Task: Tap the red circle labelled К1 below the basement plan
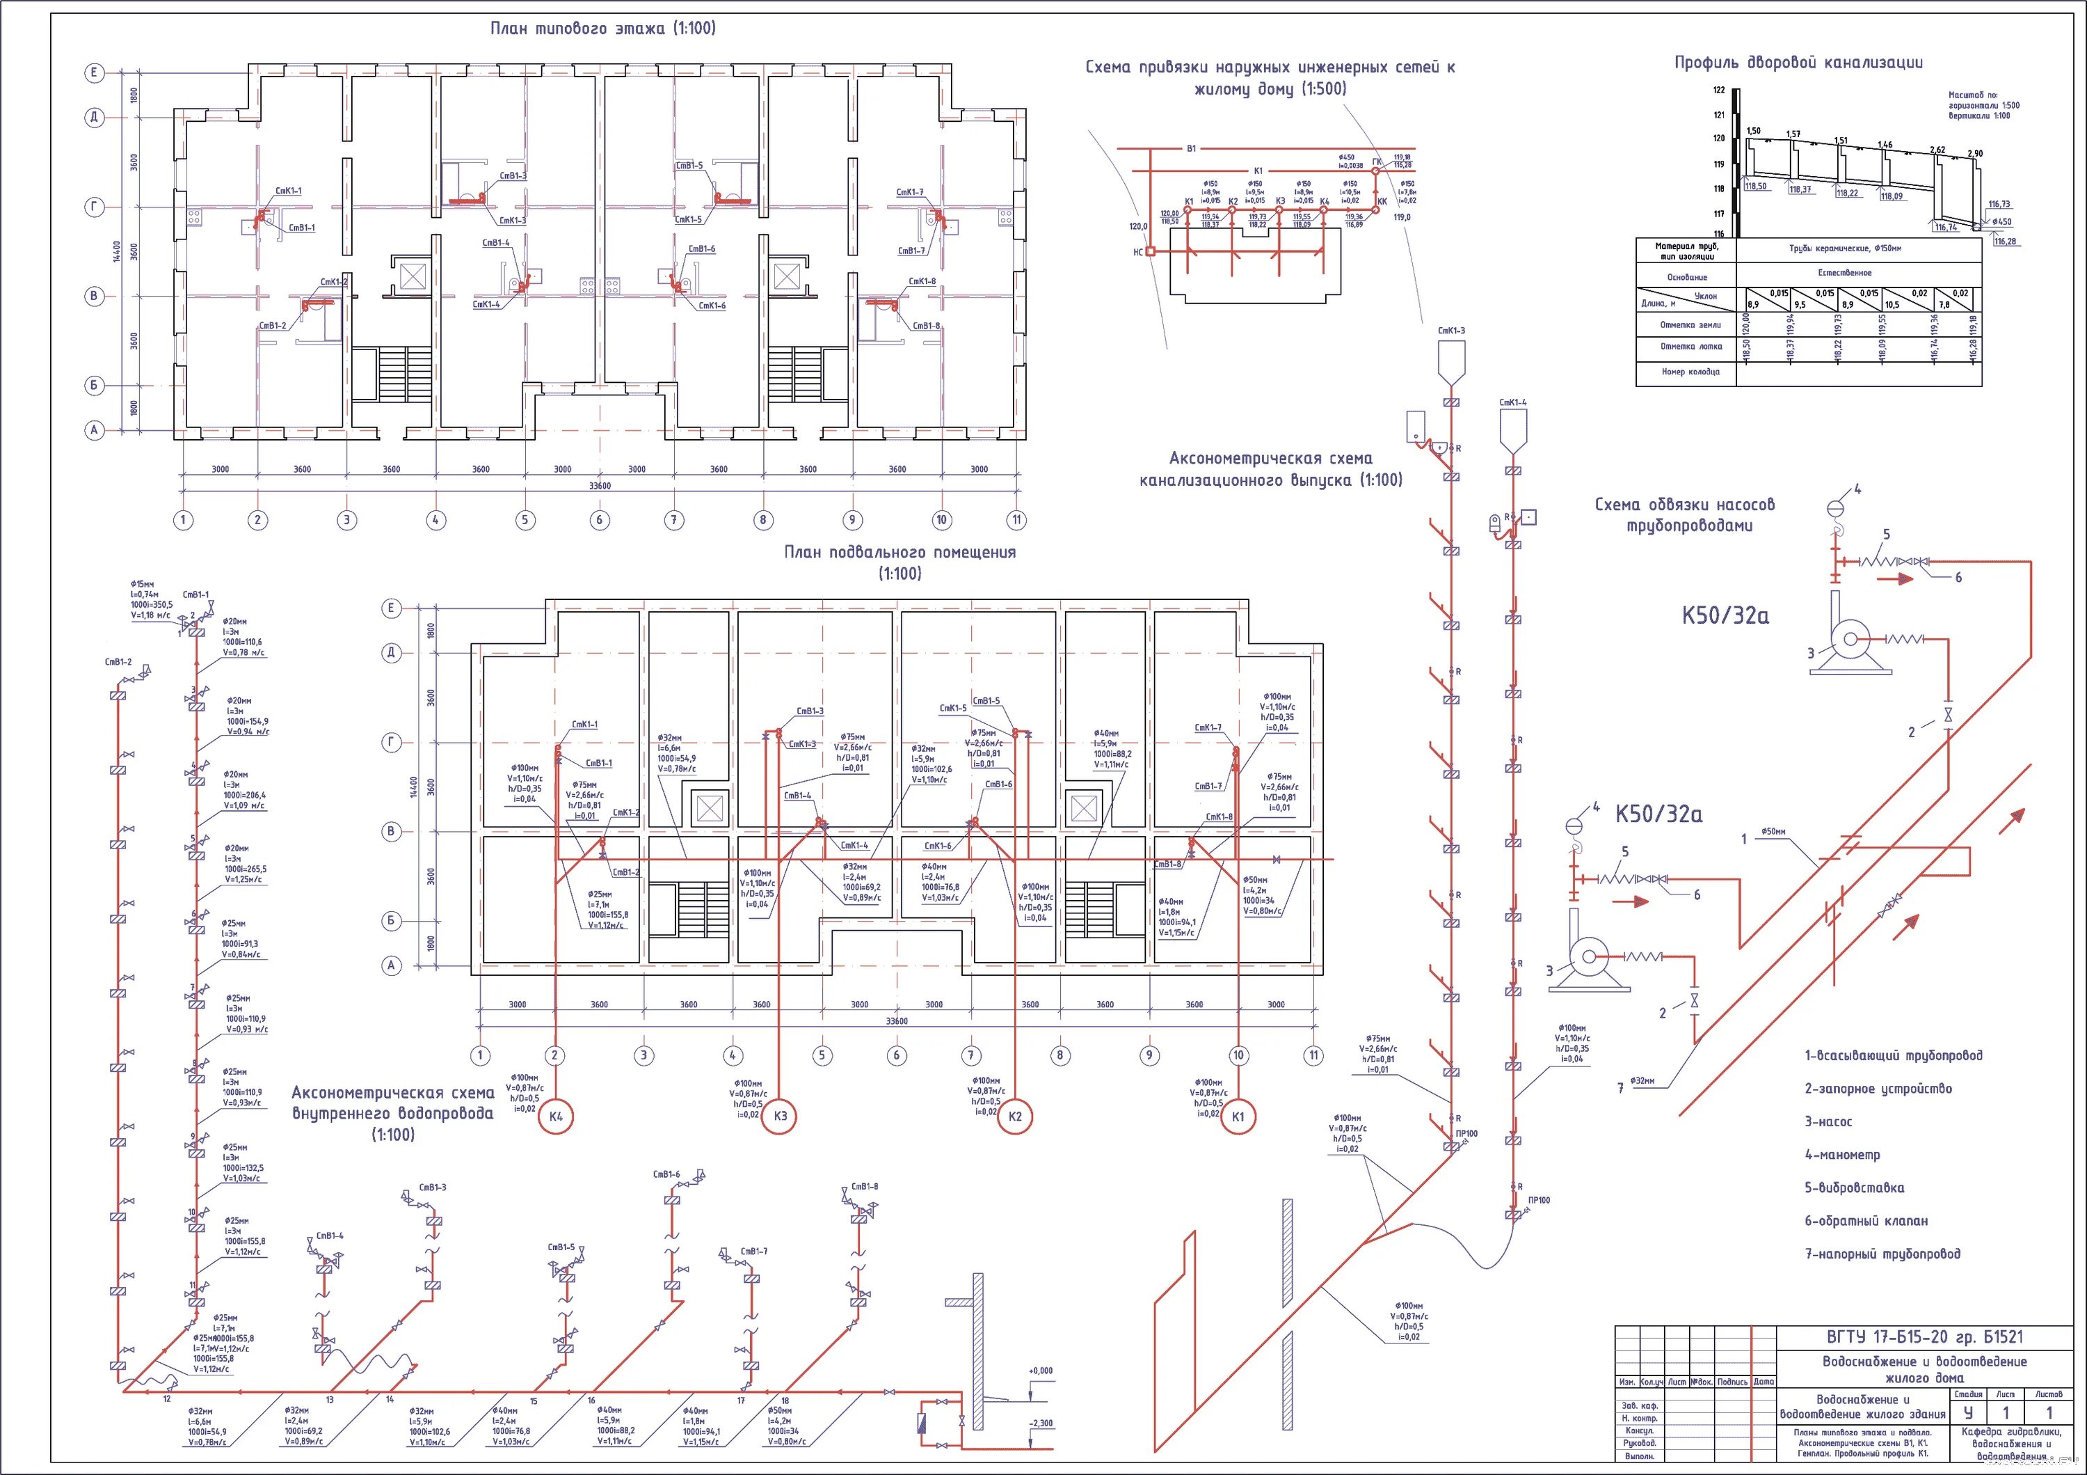point(1237,1116)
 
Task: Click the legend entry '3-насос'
point(1828,1121)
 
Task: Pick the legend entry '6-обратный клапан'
point(1866,1220)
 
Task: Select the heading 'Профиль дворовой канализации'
point(1798,63)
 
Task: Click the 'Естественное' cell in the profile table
point(1844,273)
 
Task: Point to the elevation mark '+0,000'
point(1040,1371)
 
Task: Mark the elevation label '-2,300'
point(1040,1423)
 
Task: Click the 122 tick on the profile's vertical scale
point(1718,90)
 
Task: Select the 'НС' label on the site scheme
point(1138,252)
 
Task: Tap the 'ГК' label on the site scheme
point(1377,162)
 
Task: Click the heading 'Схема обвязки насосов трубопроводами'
point(1684,514)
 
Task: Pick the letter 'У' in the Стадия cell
point(1968,1413)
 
